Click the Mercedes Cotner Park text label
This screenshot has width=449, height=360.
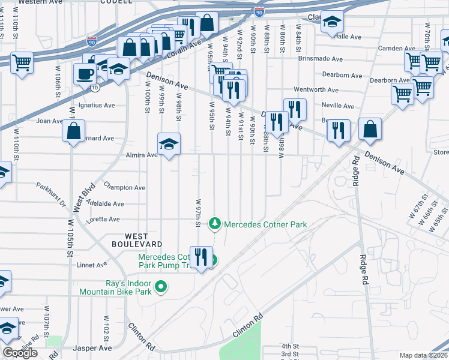[x=265, y=224]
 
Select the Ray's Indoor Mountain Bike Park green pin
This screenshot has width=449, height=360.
[x=160, y=287]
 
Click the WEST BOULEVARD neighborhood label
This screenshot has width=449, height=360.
[x=136, y=240]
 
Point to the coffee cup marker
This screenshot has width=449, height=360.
[x=84, y=74]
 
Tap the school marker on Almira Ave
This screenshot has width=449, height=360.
[x=169, y=144]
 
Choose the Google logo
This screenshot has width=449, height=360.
[x=20, y=353]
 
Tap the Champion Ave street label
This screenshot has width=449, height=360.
[x=124, y=187]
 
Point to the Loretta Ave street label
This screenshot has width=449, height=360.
[x=106, y=220]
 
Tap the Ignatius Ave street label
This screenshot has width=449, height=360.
[x=100, y=105]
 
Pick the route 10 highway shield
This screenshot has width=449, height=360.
[x=95, y=88]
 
